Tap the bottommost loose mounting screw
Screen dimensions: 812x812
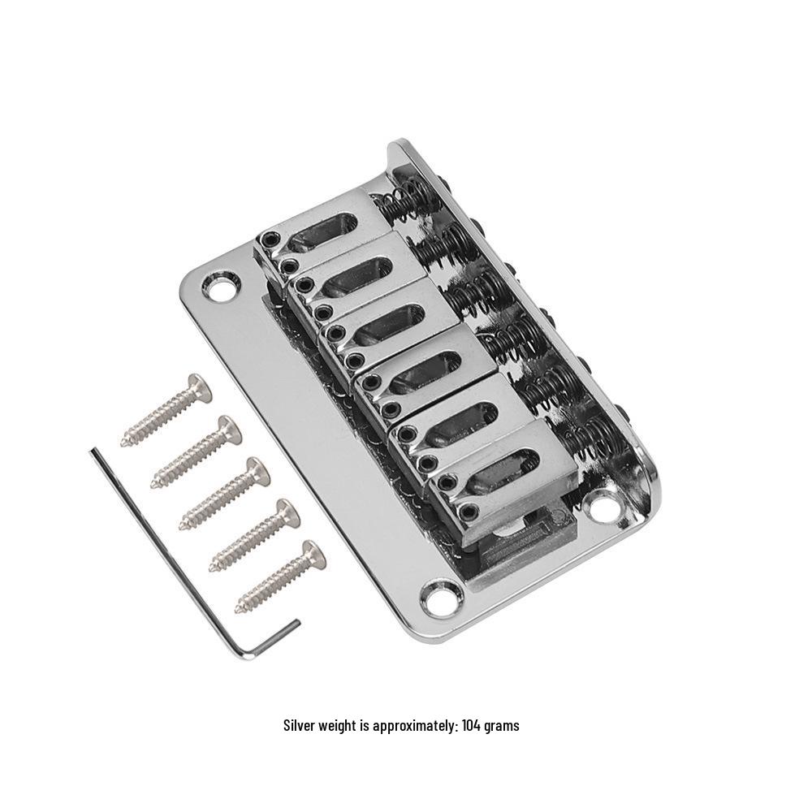click(281, 577)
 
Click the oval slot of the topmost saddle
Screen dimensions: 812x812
click(323, 230)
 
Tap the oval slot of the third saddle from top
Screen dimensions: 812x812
click(387, 322)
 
